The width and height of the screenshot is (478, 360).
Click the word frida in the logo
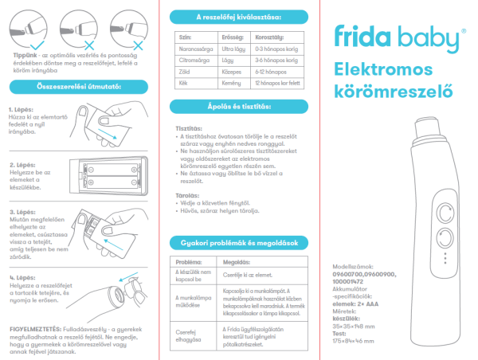358,39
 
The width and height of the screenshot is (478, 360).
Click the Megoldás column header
237,262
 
